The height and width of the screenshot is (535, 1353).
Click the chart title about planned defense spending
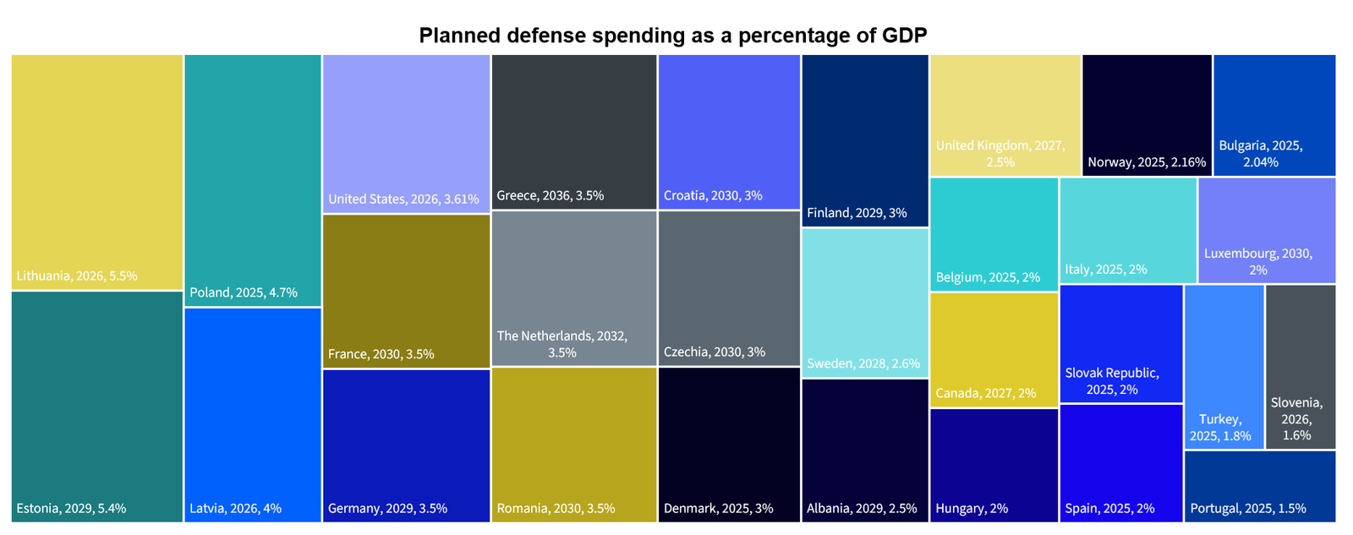[x=673, y=35]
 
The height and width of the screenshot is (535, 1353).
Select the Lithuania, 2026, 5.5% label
[x=77, y=276]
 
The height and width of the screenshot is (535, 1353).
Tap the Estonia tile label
[x=71, y=509]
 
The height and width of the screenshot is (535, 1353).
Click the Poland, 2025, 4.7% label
[x=244, y=292]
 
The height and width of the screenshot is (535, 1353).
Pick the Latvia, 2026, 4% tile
[x=252, y=414]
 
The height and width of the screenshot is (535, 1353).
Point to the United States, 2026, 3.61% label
[x=403, y=200]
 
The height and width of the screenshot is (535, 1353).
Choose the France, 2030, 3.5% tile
[x=406, y=292]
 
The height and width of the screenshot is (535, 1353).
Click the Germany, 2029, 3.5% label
[x=387, y=509]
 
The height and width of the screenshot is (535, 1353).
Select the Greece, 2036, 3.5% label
[x=551, y=196]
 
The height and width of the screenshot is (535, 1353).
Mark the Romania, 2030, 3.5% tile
[x=573, y=444]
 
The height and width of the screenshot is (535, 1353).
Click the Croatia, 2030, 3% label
[x=713, y=196]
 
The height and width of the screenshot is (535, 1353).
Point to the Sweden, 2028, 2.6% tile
[x=864, y=303]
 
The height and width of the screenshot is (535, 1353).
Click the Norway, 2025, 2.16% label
[x=1147, y=162]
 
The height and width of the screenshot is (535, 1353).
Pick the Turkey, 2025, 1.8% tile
[x=1224, y=368]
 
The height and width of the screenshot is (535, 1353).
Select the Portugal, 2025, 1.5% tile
[x=1259, y=486]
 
